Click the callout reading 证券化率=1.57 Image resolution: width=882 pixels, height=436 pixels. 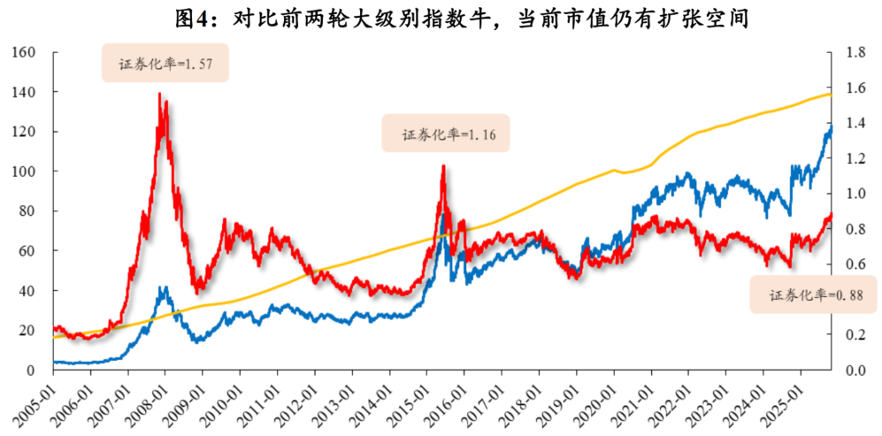pos(165,64)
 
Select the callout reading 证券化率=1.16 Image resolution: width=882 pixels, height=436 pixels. pos(446,134)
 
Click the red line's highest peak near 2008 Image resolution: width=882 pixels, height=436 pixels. pos(159,94)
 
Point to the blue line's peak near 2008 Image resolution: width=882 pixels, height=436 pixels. pos(163,287)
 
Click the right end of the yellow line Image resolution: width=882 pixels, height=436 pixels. pos(831,94)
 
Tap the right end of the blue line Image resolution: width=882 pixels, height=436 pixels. pos(832,128)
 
